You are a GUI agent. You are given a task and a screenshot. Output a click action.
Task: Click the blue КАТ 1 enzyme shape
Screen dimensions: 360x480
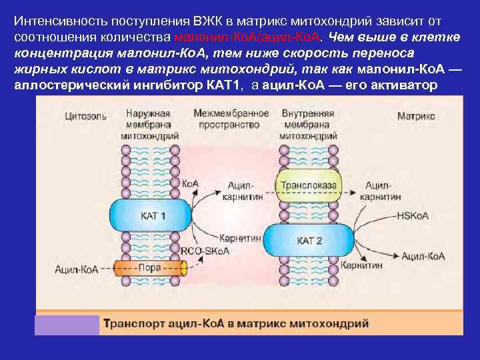tap(153, 216)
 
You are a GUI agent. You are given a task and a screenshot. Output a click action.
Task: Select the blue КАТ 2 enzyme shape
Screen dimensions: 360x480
tap(309, 241)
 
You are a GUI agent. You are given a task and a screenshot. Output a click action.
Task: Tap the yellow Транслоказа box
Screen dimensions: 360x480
tap(309, 186)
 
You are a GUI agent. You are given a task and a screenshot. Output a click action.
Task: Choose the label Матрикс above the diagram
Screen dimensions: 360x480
tap(416, 116)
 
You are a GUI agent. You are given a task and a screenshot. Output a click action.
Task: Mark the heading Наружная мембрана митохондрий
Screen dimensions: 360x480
tap(149, 124)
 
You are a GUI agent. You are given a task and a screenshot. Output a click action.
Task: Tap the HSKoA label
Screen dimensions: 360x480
tap(412, 216)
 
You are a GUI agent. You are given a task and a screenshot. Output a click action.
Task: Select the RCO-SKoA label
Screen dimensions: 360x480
tap(205, 251)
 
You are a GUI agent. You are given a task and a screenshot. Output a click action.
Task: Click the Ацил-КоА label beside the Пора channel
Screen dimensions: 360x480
tap(77, 269)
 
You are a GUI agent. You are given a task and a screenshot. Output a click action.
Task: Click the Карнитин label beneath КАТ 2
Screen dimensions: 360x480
tap(361, 265)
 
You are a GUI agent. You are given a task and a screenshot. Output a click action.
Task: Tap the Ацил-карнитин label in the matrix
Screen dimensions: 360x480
tap(380, 191)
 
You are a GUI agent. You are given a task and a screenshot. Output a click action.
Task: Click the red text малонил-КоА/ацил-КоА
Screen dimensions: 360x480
tap(248, 35)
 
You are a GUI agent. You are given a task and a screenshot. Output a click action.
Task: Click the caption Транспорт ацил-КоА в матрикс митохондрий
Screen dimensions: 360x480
tap(235, 324)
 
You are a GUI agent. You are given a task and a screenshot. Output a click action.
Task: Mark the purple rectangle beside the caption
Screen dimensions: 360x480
tap(67, 325)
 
